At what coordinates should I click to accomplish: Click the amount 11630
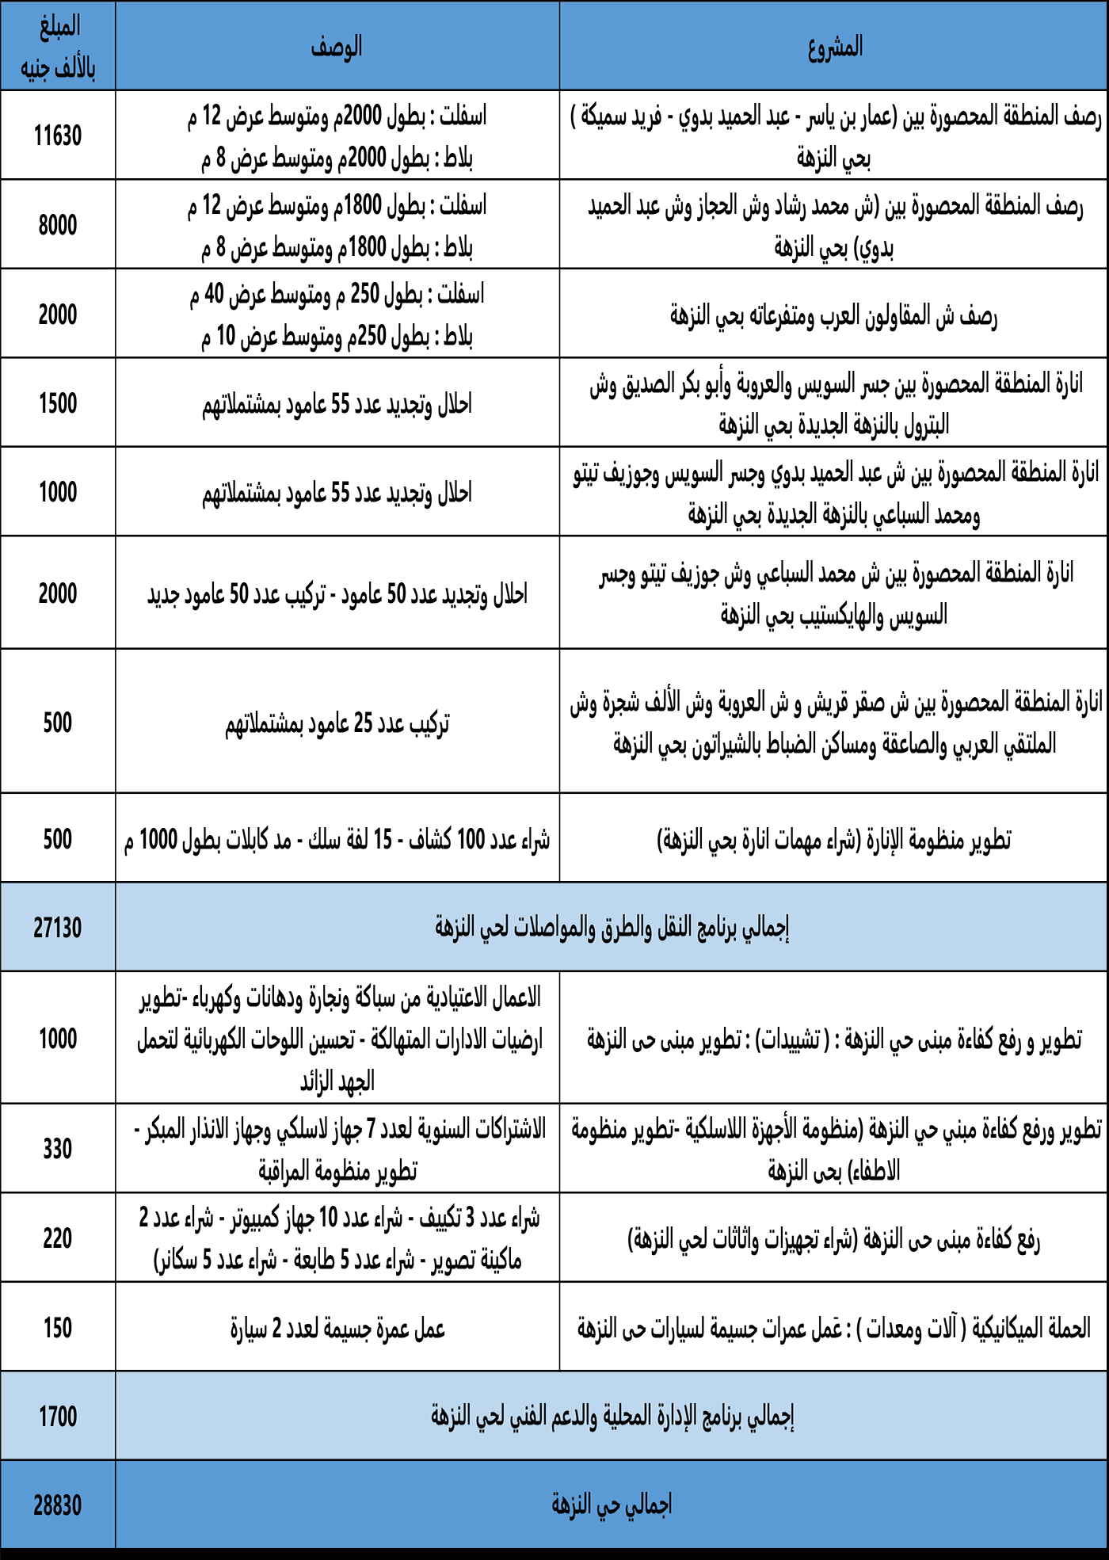(x=58, y=135)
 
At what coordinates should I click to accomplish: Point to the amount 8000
(x=58, y=225)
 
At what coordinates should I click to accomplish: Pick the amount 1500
(x=58, y=403)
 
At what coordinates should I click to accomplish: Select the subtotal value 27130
(x=58, y=927)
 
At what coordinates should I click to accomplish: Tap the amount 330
(x=58, y=1149)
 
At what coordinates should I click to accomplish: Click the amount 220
(x=58, y=1238)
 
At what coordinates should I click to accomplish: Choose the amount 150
(x=58, y=1327)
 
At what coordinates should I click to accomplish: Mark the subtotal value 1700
(x=58, y=1416)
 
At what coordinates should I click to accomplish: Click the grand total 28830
(x=58, y=1505)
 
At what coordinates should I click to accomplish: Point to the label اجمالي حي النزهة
(x=612, y=1504)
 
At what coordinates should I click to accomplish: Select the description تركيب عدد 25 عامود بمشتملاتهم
(x=337, y=723)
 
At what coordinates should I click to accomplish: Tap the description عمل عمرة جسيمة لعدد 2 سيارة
(x=337, y=1328)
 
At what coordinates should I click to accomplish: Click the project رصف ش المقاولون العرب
(x=833, y=316)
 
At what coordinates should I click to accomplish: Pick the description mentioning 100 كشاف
(x=337, y=839)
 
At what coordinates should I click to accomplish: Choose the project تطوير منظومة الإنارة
(x=833, y=839)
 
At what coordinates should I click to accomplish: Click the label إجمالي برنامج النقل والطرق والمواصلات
(x=612, y=927)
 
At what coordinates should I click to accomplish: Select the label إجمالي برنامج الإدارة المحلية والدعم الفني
(x=612, y=1416)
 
